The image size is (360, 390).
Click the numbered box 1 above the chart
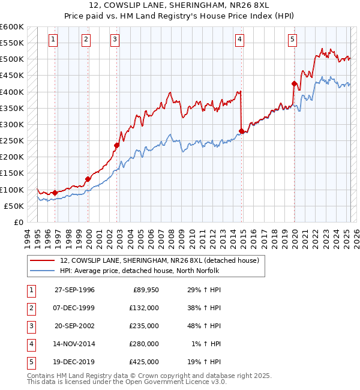[x=53, y=40]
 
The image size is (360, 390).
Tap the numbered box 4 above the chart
[x=239, y=40]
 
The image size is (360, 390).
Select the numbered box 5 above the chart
[x=292, y=40]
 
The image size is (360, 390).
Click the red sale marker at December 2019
[x=294, y=84]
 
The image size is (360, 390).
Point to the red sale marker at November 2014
[x=241, y=131]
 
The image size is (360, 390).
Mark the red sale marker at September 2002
[x=117, y=145]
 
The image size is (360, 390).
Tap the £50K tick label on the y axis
[x=14, y=206]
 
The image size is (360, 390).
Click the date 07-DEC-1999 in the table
[x=74, y=308]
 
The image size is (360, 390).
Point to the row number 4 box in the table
[x=31, y=344]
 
